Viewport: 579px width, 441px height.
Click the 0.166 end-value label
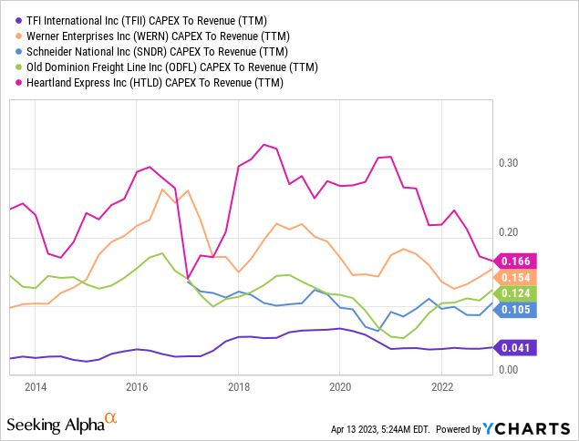click(519, 262)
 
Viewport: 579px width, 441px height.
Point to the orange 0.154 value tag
click(519, 277)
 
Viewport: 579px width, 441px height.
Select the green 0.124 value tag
click(519, 292)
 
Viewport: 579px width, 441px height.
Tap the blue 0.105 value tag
click(519, 310)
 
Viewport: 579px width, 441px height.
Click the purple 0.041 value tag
click(519, 347)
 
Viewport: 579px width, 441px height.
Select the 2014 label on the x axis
click(36, 386)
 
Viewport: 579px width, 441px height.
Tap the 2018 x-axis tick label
click(238, 386)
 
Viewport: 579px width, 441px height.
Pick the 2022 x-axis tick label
click(441, 386)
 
